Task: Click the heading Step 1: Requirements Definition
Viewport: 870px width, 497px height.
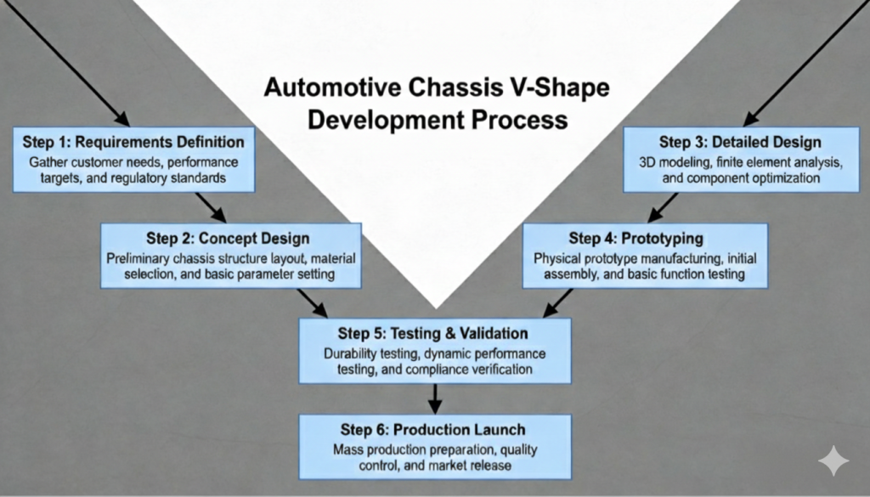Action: [133, 141]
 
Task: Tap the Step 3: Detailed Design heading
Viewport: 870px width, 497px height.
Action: [733, 141]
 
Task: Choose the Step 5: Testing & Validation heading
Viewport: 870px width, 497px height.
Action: [433, 333]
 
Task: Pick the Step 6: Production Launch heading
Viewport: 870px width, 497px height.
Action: [433, 429]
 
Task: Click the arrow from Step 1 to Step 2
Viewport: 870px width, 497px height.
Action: [210, 207]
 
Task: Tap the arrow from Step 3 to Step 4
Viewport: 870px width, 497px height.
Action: [664, 207]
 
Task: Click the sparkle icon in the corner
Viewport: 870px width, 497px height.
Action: [833, 462]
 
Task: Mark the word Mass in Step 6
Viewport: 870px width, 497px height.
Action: [347, 449]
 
